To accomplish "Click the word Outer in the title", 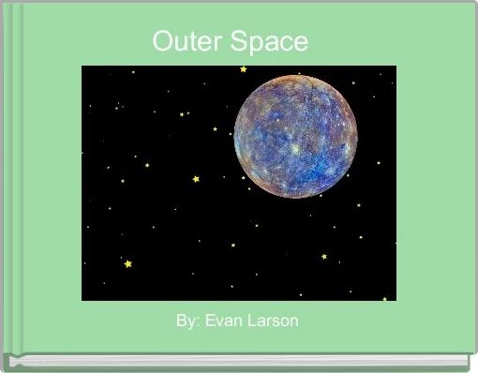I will pyautogui.click(x=182, y=42).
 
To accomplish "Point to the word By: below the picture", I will pyautogui.click(x=187, y=321).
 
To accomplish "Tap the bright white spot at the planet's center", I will pyautogui.click(x=295, y=148).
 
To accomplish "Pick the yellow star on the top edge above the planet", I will pyautogui.click(x=244, y=68).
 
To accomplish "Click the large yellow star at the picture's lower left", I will pyautogui.click(x=128, y=264).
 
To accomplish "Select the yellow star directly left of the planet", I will pyautogui.click(x=196, y=178).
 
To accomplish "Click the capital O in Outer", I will pyautogui.click(x=161, y=42).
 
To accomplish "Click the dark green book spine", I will pyautogui.click(x=6, y=187).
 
